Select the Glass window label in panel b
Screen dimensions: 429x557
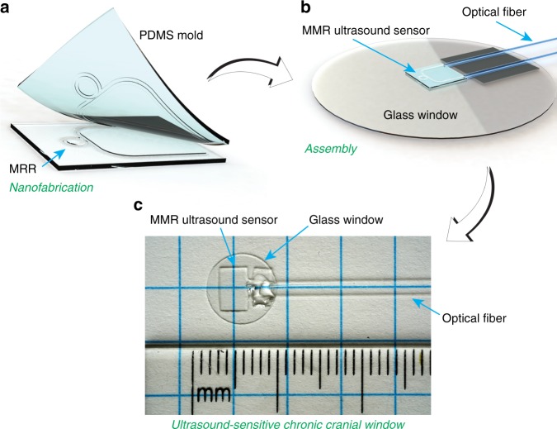(417, 115)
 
